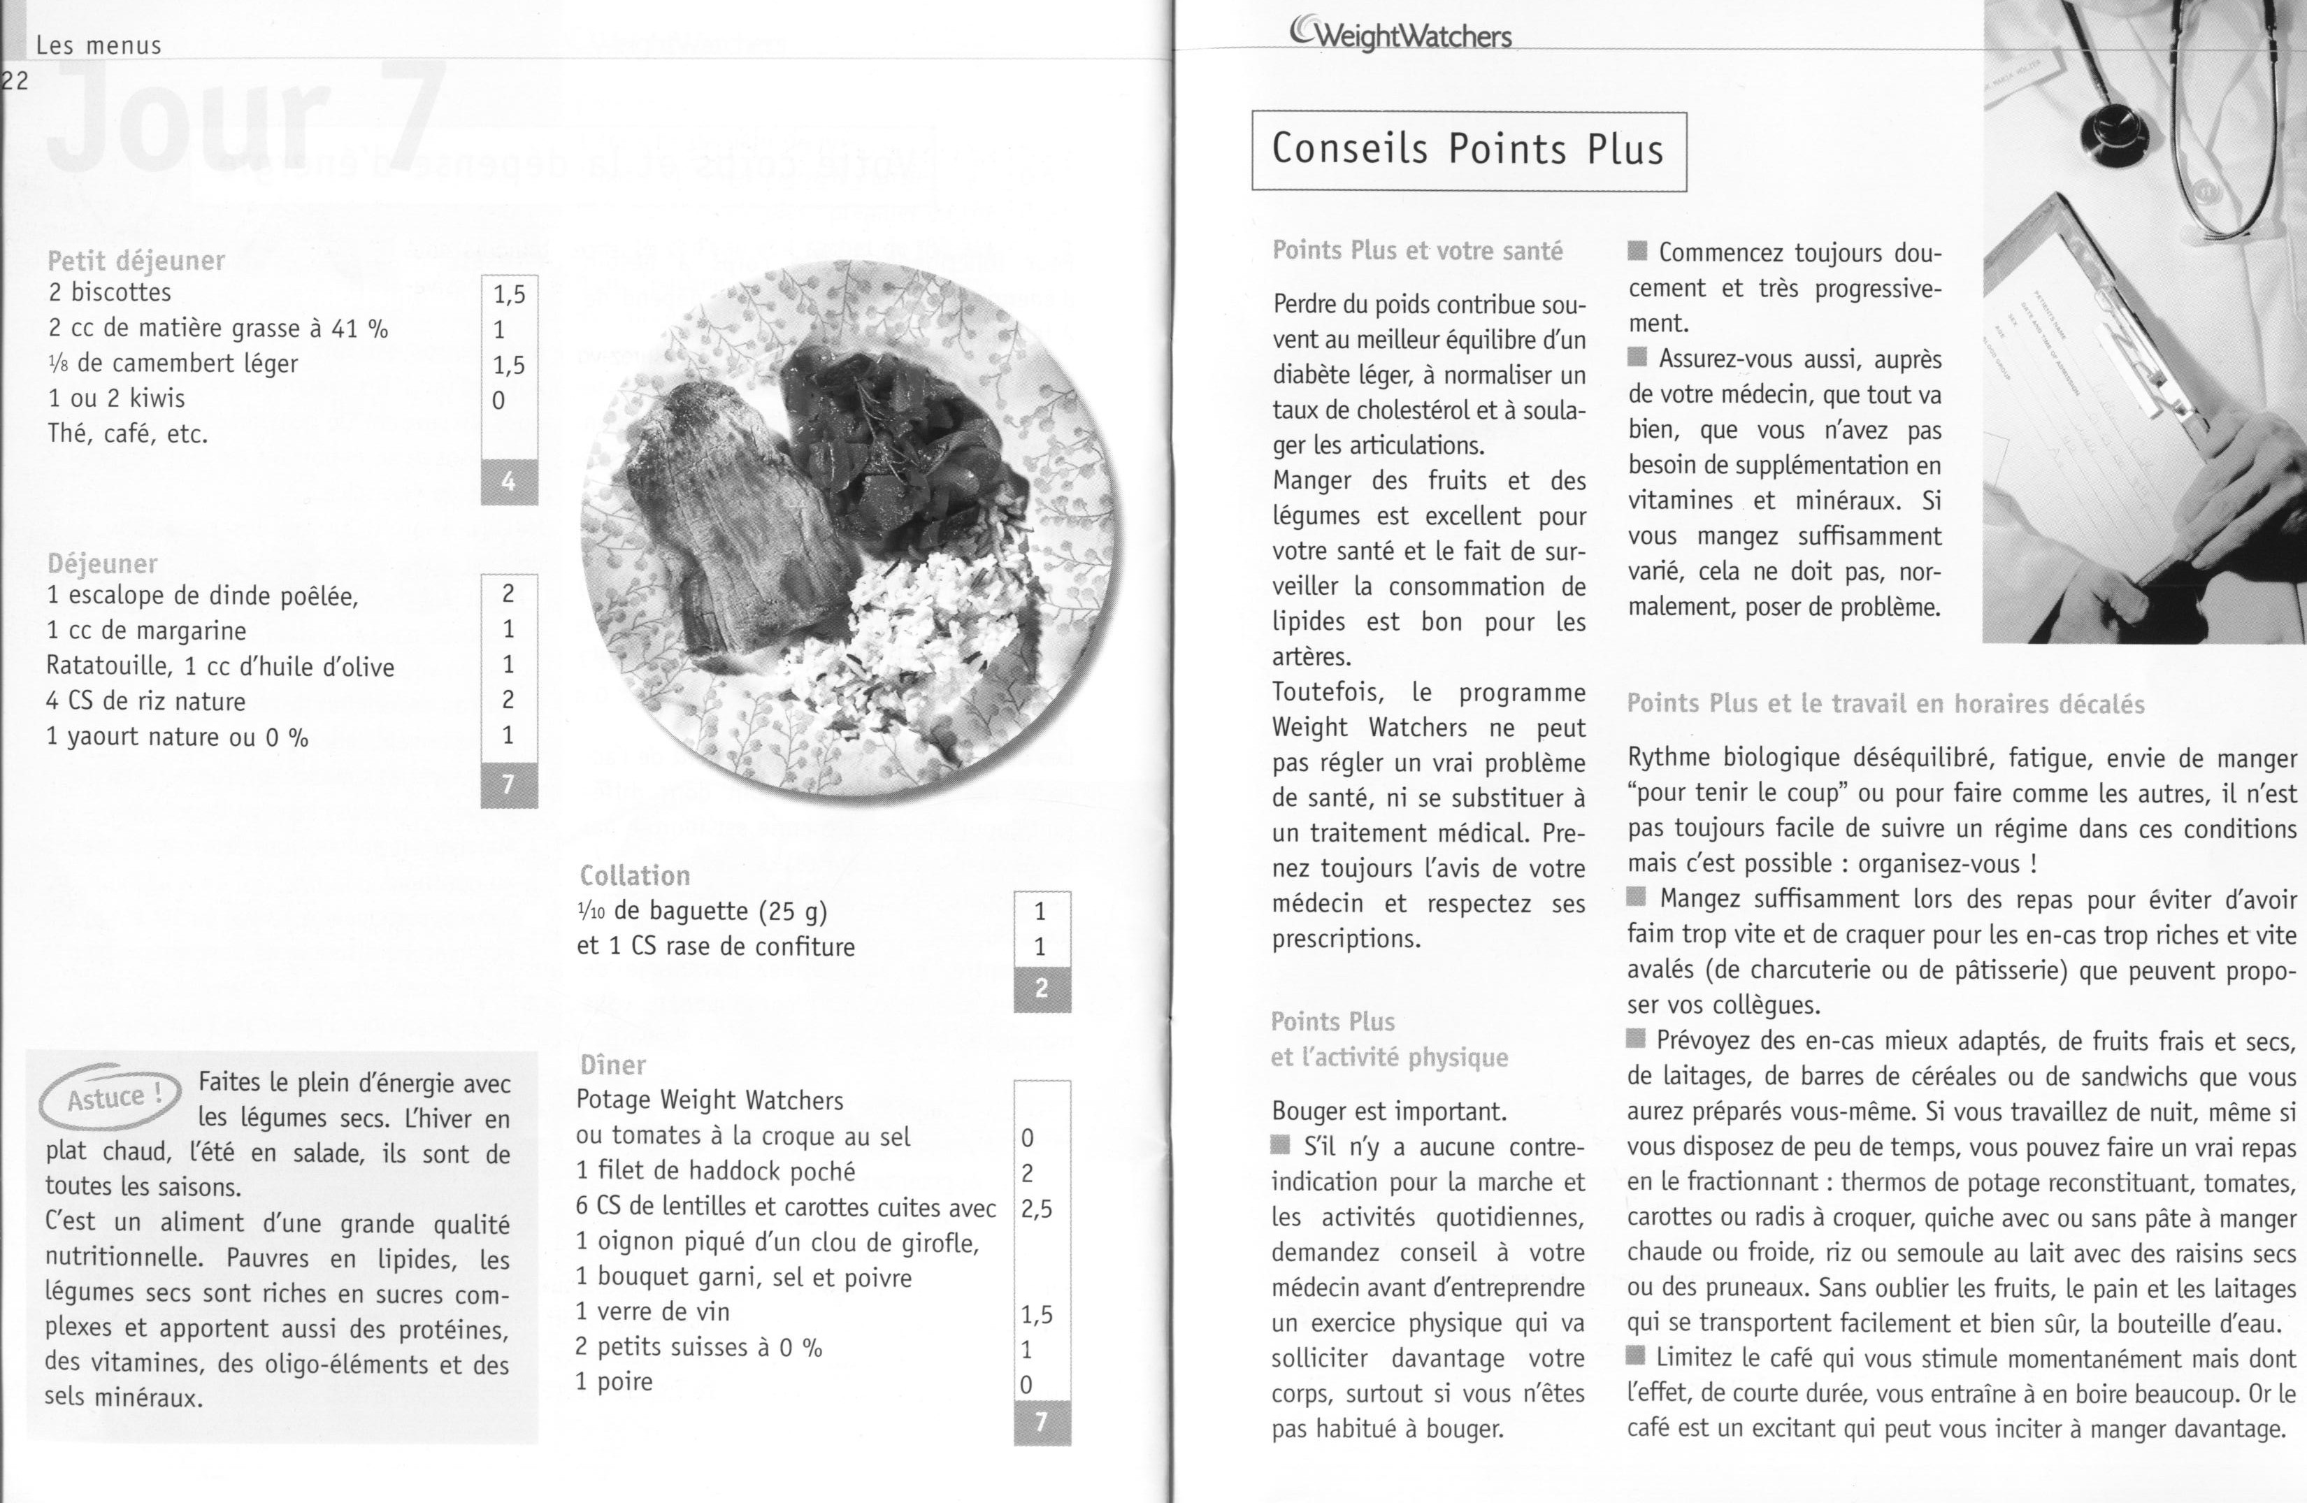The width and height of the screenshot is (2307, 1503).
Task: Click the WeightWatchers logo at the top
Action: [1401, 35]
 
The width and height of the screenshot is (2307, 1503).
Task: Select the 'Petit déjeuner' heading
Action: [136, 260]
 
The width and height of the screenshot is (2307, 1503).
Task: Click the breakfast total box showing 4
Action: [509, 482]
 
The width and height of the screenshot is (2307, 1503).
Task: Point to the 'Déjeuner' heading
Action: [102, 563]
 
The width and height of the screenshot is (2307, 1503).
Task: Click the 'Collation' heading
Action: [635, 875]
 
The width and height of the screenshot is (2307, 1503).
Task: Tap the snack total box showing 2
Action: [1042, 988]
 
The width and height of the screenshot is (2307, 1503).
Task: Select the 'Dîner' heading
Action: [612, 1065]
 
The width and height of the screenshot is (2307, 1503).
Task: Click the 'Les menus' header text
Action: [98, 45]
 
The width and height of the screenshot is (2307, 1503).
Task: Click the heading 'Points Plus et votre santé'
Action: [1417, 251]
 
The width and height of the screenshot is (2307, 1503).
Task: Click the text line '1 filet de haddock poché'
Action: [715, 1172]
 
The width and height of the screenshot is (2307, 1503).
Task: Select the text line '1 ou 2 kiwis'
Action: [116, 398]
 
